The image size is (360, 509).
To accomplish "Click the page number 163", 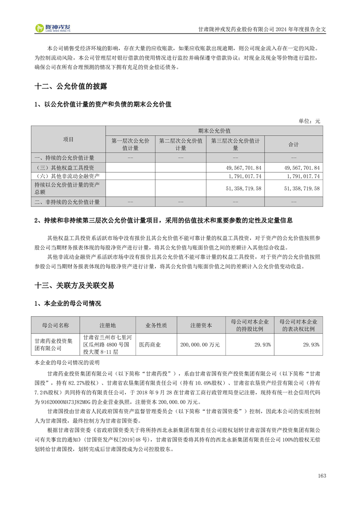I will pos(322,475).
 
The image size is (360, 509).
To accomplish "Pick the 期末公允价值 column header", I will pos(214,130).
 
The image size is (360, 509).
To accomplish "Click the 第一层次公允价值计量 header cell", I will pos(130,144).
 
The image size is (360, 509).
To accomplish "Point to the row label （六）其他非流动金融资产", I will pos(67,176).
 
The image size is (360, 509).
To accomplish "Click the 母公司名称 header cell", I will pos(55,325).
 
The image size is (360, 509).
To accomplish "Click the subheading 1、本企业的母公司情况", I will pos(68,303).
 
